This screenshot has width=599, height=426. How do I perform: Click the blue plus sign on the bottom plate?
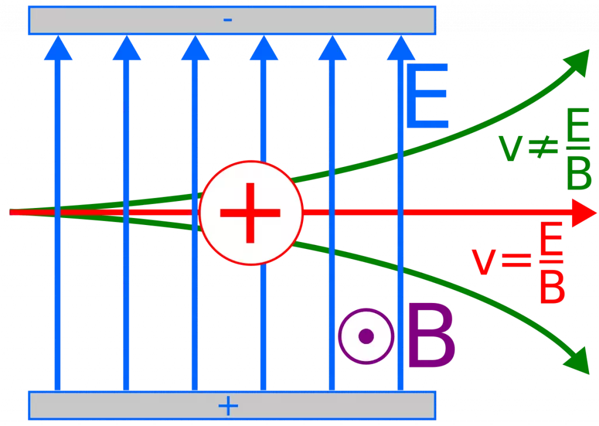click(x=228, y=405)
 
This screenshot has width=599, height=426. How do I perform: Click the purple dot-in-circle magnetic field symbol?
click(x=366, y=336)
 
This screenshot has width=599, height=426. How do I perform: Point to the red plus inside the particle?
click(x=250, y=212)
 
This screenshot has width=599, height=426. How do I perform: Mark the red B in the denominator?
click(x=551, y=287)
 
